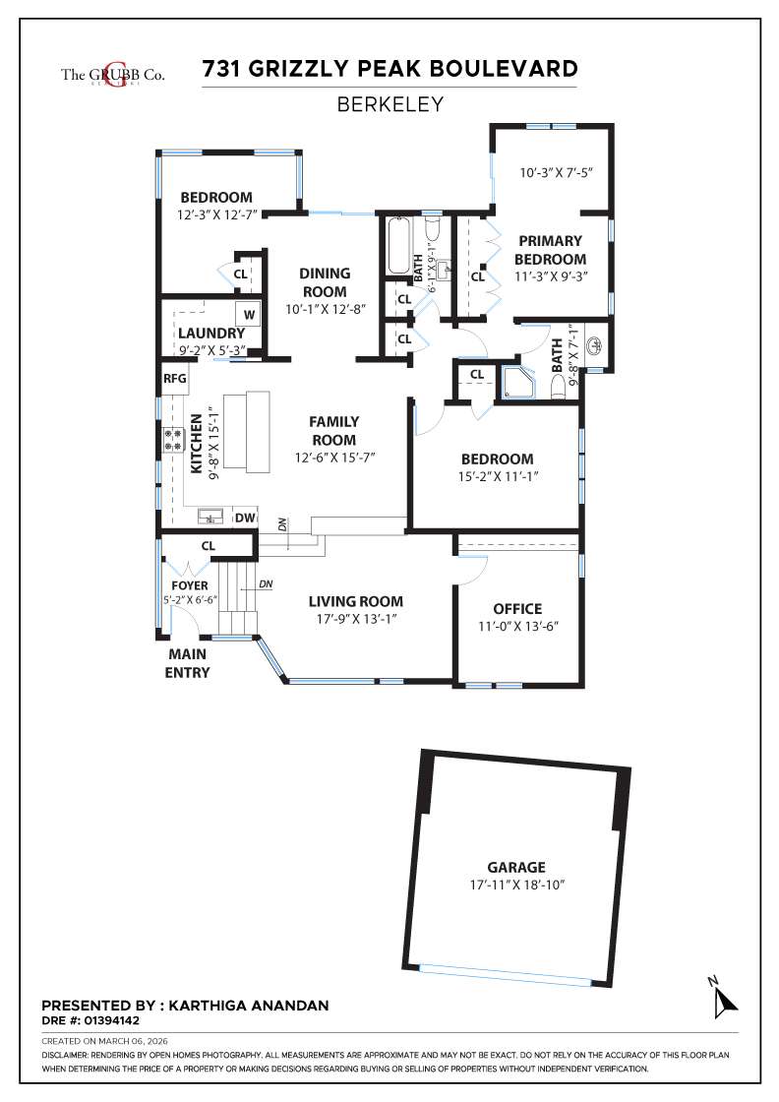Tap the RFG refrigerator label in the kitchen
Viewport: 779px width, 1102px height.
174,378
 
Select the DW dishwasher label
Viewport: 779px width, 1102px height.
245,518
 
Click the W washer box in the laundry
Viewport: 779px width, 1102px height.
249,315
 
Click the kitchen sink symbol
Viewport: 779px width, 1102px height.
210,515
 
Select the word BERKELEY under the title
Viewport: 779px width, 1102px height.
389,103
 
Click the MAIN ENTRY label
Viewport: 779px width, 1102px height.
188,663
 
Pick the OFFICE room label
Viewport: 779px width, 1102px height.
517,608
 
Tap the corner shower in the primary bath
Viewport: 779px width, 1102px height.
518,384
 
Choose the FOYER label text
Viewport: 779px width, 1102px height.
190,585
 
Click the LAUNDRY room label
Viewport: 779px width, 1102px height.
210,334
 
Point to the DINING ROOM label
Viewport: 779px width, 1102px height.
325,282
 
